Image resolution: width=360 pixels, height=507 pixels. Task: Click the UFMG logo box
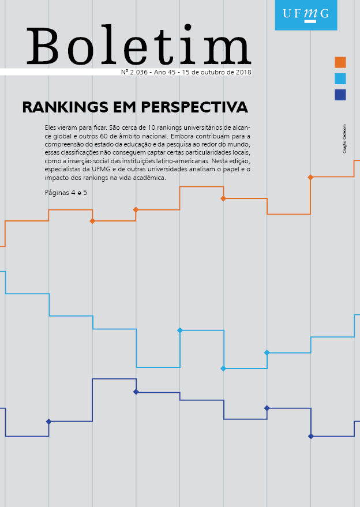[x=306, y=14]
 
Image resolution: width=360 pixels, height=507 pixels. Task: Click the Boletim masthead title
[x=138, y=46]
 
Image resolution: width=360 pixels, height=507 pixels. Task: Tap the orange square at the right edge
[x=340, y=62]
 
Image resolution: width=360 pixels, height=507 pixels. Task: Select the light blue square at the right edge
[x=340, y=78]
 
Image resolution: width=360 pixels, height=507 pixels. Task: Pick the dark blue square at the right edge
[x=340, y=95]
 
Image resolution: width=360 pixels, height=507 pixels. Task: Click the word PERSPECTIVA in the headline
[x=198, y=107]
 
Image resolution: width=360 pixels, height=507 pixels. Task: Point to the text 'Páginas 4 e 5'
[x=66, y=192]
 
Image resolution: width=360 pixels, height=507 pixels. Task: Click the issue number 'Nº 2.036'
[x=134, y=73]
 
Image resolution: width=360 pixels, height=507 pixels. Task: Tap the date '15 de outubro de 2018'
[x=216, y=73]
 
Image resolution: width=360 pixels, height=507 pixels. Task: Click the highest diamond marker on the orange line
[x=311, y=177]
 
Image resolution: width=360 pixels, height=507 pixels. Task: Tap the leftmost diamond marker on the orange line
[x=92, y=221]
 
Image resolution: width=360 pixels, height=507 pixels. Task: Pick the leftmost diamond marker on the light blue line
[x=180, y=331]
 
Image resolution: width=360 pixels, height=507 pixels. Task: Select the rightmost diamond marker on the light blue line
[x=267, y=352]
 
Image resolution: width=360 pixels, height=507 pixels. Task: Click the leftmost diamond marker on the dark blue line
[x=48, y=422]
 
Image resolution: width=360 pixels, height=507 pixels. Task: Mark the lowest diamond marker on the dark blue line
[x=311, y=436]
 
